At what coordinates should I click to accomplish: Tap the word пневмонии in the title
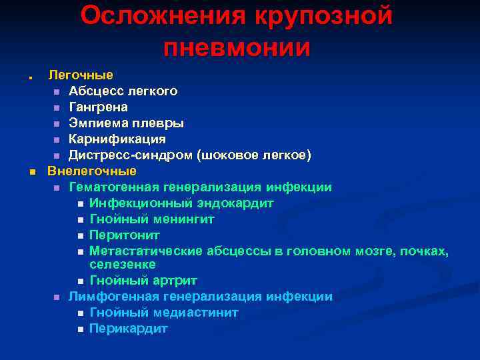pos(237,47)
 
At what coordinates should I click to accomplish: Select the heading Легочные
pos(80,75)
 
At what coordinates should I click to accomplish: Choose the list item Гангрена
pos(99,107)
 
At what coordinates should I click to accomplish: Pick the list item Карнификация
pos(117,139)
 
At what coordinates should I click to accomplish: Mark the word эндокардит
pos(237,203)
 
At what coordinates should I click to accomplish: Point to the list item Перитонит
pos(125,235)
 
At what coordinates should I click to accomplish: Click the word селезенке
pos(123,265)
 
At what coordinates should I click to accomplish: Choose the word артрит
pos(173,281)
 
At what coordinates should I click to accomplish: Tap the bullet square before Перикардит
pos(80,329)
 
